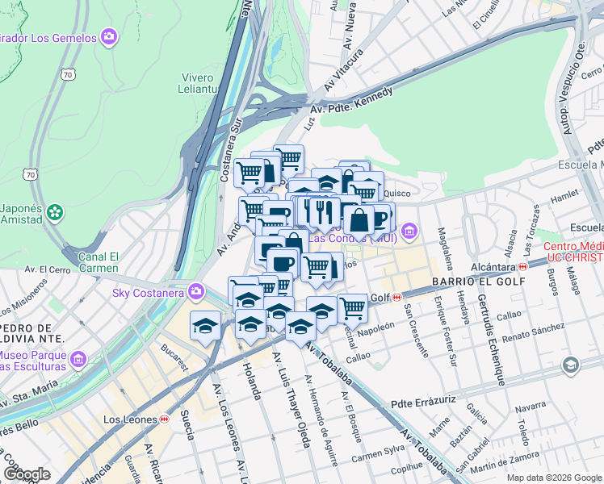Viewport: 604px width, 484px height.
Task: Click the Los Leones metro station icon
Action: click(164, 419)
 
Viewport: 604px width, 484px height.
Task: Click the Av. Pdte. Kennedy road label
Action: click(353, 101)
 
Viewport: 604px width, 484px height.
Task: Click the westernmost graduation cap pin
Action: click(205, 325)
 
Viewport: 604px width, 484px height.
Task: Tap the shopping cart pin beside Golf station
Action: click(352, 307)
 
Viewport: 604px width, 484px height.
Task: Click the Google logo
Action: click(27, 474)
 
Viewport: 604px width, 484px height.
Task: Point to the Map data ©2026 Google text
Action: click(553, 477)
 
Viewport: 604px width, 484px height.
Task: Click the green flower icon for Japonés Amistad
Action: click(55, 213)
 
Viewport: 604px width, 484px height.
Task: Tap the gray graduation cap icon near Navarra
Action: click(570, 365)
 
